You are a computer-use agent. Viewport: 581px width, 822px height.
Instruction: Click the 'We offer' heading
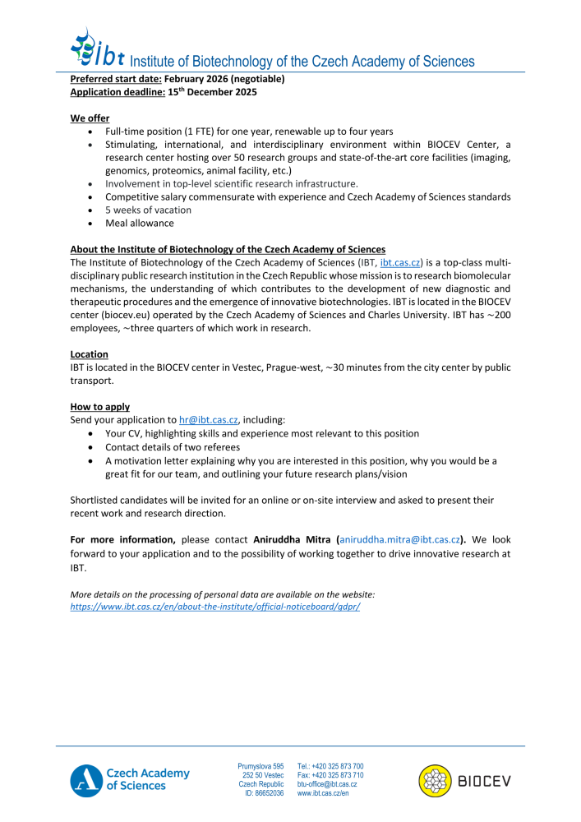click(90, 118)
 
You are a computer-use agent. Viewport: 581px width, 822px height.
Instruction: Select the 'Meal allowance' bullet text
click(140, 223)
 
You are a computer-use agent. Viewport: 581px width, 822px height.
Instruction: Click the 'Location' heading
click(89, 354)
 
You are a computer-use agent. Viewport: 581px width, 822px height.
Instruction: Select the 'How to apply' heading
click(99, 407)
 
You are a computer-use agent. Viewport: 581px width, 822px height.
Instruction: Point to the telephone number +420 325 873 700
click(330, 766)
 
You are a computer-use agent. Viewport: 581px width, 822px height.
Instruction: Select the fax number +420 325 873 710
click(330, 775)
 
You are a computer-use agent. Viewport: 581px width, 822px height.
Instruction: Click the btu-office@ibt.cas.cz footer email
click(326, 784)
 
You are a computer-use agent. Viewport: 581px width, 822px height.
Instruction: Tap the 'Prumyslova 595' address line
click(261, 766)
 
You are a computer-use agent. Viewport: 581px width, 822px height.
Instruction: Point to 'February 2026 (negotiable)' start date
click(224, 79)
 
